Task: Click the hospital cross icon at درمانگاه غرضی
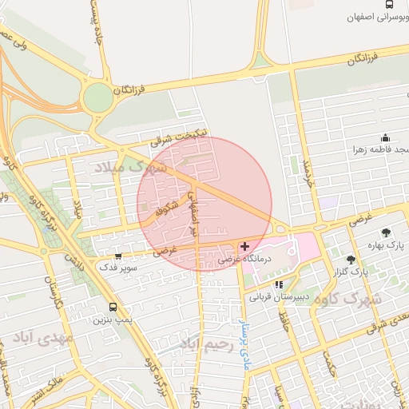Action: pos(244,246)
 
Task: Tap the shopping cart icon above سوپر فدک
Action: pos(119,256)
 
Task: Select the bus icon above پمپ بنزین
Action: pos(112,307)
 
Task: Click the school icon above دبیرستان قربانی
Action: pos(278,284)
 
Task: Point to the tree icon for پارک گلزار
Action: pos(350,260)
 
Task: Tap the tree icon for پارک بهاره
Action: pos(387,232)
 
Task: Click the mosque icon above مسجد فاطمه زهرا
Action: pos(385,137)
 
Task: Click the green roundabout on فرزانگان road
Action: pos(98,97)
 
